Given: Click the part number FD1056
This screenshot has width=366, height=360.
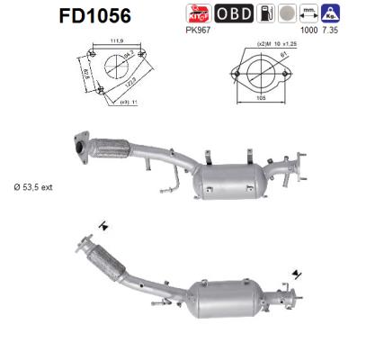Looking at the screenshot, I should pyautogui.click(x=94, y=15).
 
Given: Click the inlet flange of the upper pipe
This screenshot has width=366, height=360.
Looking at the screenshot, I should pyautogui.click(x=82, y=149).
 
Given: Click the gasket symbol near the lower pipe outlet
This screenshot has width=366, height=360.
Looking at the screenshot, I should pyautogui.click(x=297, y=271).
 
